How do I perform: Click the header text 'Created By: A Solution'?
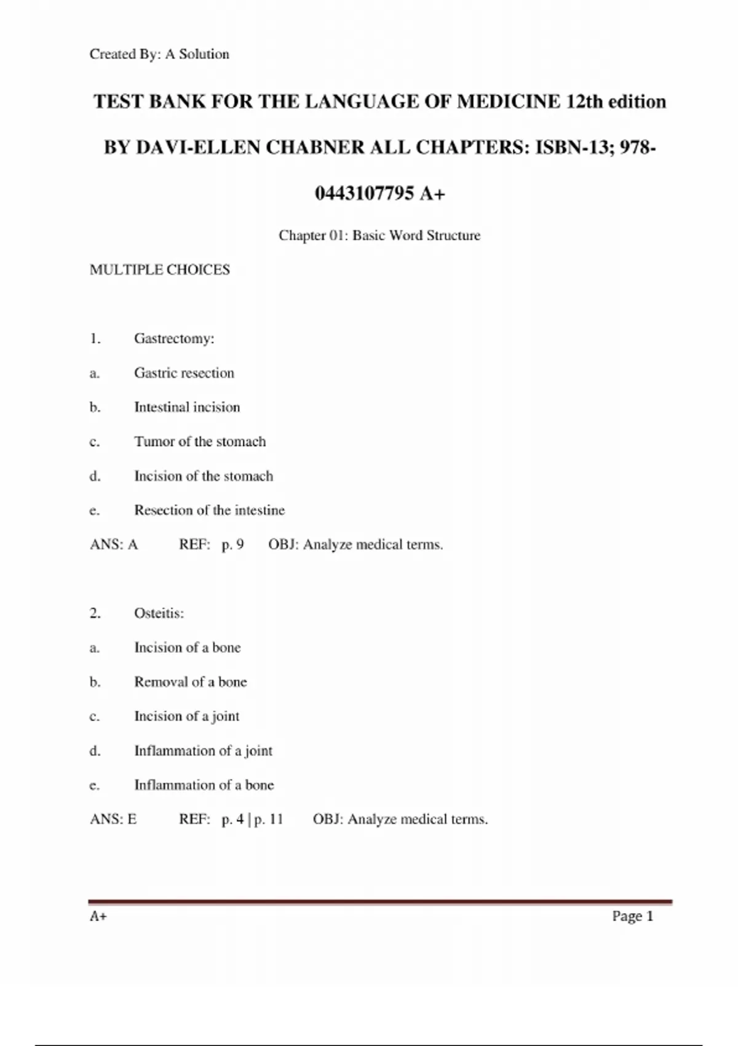[x=159, y=54]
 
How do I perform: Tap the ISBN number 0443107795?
[x=364, y=194]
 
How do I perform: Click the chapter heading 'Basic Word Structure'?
[x=416, y=235]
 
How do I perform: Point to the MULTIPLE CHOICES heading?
[x=160, y=269]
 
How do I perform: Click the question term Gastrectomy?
[x=174, y=338]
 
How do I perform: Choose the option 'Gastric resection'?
[x=184, y=373]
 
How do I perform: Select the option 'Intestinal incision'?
[x=187, y=407]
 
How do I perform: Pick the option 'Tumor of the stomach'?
[x=200, y=442]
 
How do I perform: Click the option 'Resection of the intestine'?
[x=209, y=510]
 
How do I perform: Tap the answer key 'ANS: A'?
[x=114, y=545]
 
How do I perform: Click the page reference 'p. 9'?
[x=232, y=545]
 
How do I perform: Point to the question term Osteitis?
[x=159, y=613]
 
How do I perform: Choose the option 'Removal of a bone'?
[x=190, y=682]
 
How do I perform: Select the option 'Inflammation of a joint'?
[x=203, y=751]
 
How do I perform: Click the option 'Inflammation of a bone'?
[x=204, y=785]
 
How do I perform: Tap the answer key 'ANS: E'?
[x=113, y=820]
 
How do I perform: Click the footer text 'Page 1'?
[x=632, y=916]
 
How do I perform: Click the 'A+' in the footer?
[x=98, y=916]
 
